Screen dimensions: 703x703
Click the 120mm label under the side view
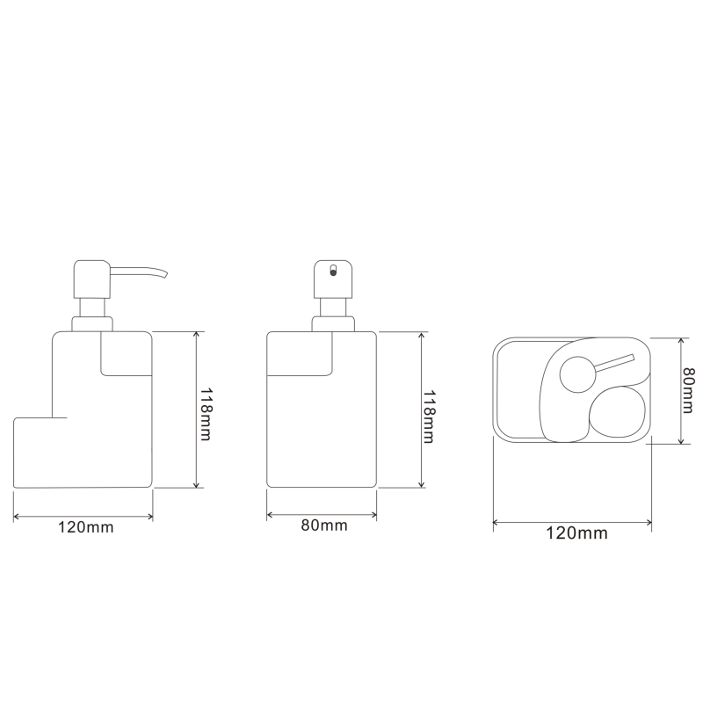tap(85, 527)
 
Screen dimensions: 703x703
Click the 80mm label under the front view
tap(324, 525)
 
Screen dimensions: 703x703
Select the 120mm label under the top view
tap(576, 533)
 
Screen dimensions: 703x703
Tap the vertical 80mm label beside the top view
tap(689, 390)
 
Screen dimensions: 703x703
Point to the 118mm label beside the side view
tap(206, 414)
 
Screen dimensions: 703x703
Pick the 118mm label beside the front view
tap(429, 417)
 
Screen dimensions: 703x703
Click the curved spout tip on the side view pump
tap(164, 273)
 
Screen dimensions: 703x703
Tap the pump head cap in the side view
tap(92, 279)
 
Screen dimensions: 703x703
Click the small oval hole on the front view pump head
tap(333, 271)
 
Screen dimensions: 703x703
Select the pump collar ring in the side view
tap(92, 324)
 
